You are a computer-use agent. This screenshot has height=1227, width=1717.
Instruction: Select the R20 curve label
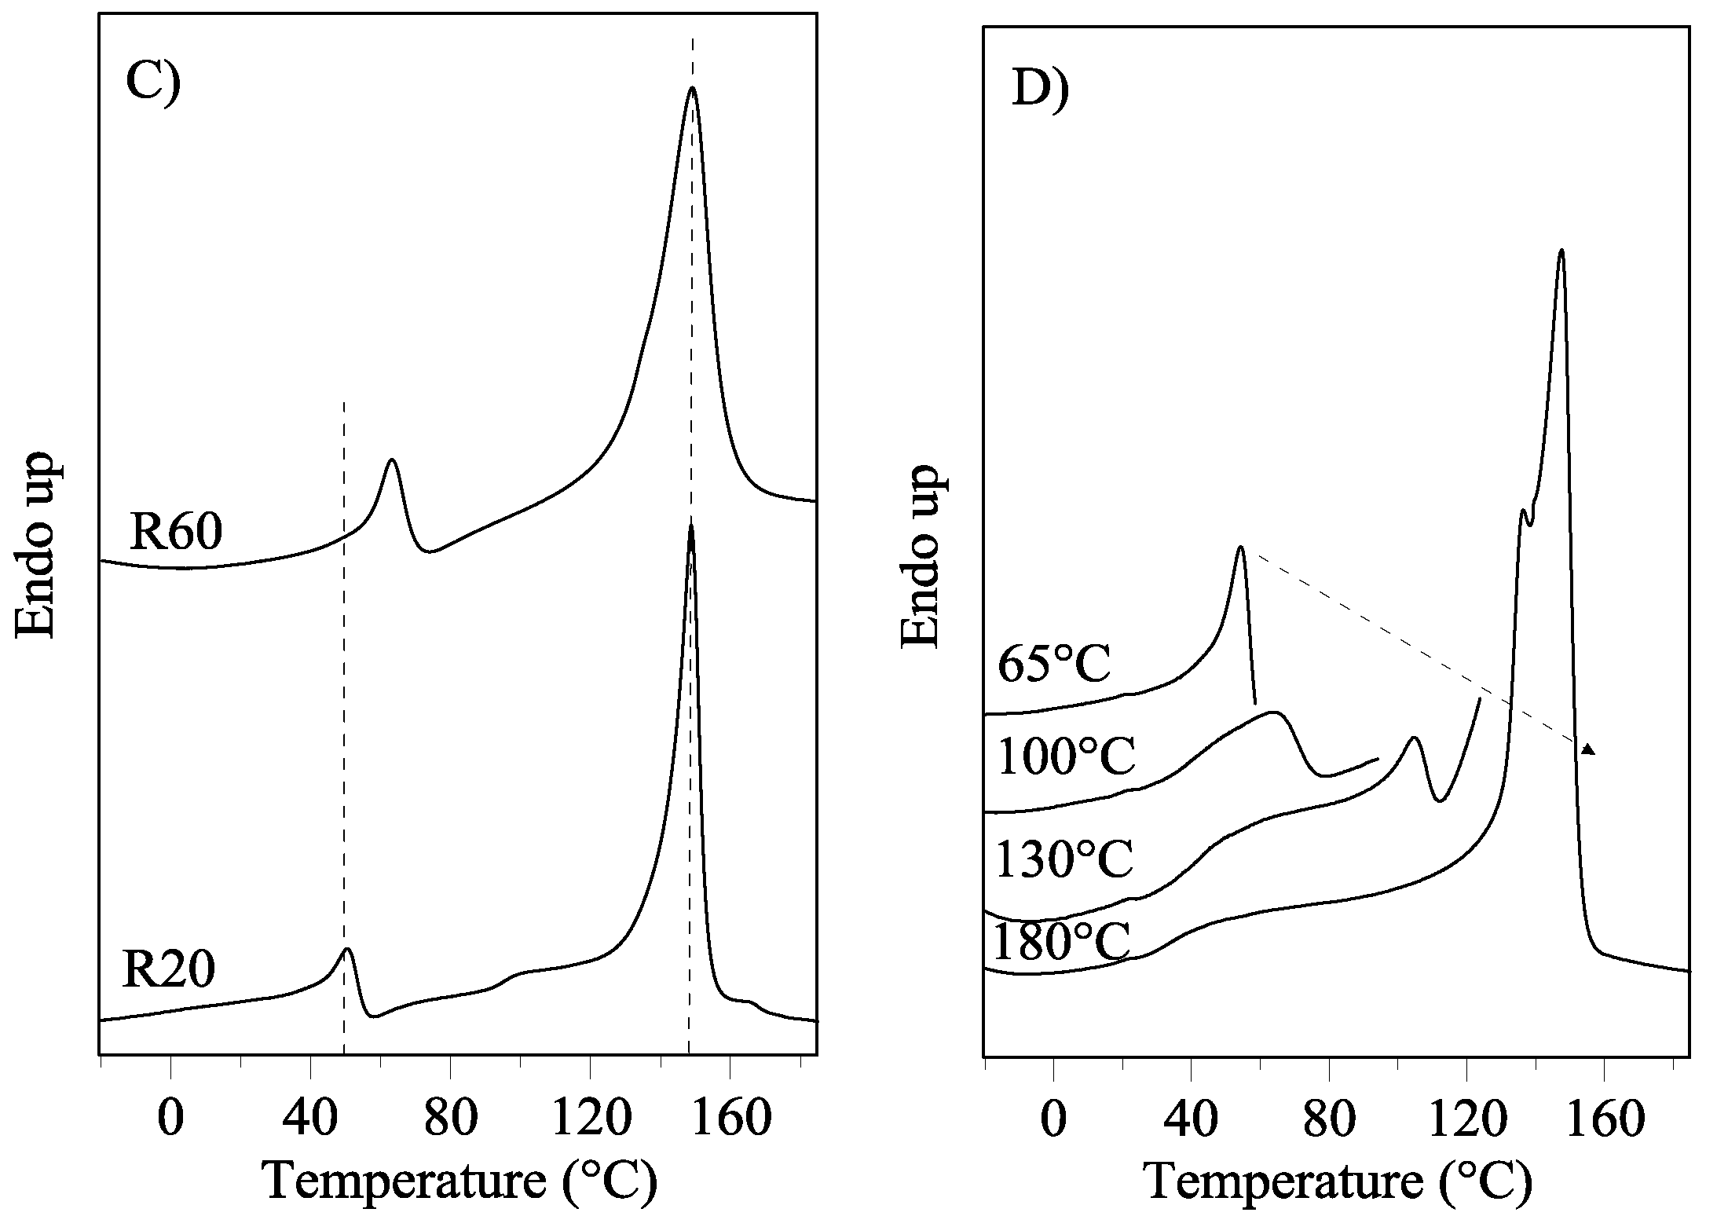click(168, 970)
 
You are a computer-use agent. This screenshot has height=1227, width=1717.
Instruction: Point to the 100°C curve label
click(1066, 758)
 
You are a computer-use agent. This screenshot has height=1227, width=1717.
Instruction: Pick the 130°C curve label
click(1064, 858)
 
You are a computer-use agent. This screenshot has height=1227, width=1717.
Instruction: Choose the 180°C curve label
click(1061, 943)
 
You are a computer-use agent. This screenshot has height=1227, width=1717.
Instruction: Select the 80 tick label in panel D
click(1329, 1119)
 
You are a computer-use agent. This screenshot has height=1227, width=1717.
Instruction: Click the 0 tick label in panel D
click(1053, 1119)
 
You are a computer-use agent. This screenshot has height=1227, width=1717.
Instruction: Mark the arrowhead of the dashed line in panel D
click(1588, 749)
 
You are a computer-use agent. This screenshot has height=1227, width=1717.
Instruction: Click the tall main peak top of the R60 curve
click(691, 88)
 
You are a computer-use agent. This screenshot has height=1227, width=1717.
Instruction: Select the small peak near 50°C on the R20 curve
click(347, 950)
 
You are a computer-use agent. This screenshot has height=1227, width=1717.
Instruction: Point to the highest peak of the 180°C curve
click(1561, 251)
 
